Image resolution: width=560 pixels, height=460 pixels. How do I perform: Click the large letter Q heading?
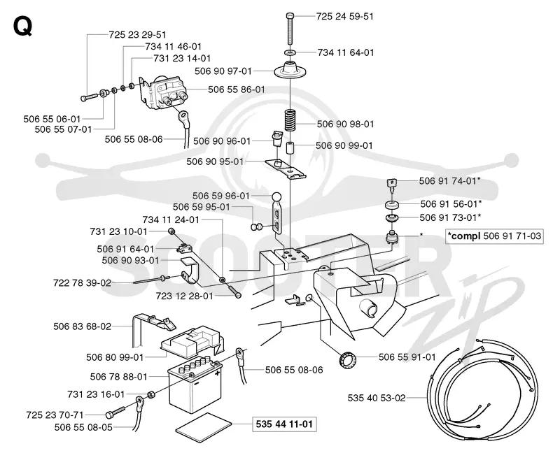[x=23, y=26]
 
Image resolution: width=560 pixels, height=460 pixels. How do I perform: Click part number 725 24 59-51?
[x=344, y=16]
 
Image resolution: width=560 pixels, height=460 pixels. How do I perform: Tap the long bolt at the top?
[x=290, y=29]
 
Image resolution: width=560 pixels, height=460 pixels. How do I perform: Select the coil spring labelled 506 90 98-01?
[x=290, y=121]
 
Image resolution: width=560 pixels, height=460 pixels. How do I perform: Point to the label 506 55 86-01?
[x=237, y=89]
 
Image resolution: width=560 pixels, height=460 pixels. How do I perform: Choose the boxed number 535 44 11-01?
[x=284, y=424]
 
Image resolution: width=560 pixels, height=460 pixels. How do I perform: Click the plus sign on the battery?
[x=218, y=373]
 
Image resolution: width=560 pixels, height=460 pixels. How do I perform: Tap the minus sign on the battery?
[x=196, y=384]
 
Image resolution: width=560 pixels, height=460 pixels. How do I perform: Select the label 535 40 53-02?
[x=377, y=398]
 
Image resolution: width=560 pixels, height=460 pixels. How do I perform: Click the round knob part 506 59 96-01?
[x=276, y=197]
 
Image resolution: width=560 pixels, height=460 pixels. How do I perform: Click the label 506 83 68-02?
[x=82, y=326]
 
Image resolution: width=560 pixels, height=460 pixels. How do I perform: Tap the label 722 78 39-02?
[x=82, y=283]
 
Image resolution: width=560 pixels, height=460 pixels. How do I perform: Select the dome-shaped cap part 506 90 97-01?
[x=290, y=70]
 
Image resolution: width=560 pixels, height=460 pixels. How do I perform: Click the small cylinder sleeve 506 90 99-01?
[x=290, y=148]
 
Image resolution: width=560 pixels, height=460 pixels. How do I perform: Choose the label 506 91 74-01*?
[x=449, y=181]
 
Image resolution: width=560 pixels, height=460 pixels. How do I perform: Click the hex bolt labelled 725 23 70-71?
[x=115, y=413]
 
